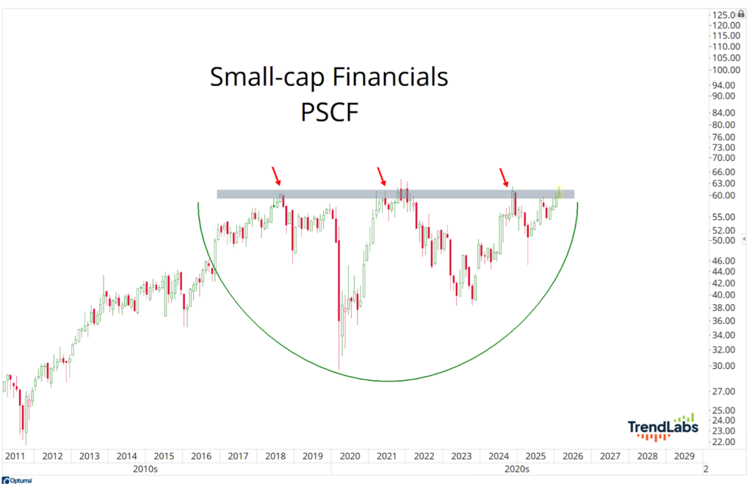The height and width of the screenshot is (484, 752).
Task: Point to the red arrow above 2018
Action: tap(277, 176)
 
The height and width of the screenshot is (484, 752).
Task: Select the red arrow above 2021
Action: tap(381, 176)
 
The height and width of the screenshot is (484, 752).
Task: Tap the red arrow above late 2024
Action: tap(505, 176)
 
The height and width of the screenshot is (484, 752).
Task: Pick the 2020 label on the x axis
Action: tap(350, 456)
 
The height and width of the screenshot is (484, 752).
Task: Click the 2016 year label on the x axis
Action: tap(200, 456)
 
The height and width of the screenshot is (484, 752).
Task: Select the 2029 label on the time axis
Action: tap(684, 456)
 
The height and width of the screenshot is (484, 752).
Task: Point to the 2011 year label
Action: tap(15, 456)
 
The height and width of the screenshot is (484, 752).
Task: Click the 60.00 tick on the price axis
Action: tap(723, 196)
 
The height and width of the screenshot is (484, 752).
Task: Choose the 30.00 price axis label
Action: tap(723, 366)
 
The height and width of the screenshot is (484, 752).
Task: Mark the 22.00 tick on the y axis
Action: tap(723, 442)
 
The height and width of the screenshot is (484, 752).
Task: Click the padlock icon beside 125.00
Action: tap(741, 15)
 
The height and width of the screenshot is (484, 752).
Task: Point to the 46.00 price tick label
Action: tap(723, 261)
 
